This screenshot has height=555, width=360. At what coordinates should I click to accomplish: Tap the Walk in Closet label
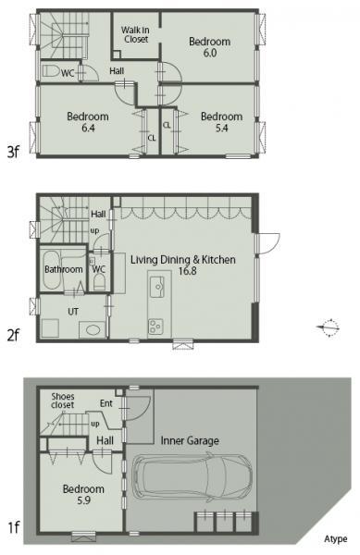[136, 35]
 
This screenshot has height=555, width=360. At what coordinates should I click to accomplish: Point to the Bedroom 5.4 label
[221, 122]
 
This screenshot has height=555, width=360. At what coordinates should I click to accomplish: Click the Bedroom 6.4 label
[88, 122]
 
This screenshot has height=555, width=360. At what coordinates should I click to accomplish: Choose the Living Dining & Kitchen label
[183, 266]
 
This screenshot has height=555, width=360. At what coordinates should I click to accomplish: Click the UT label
[73, 312]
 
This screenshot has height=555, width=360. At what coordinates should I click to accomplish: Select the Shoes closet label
[62, 400]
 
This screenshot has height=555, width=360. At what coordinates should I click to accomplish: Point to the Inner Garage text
[190, 440]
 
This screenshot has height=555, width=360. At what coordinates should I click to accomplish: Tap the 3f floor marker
[13, 152]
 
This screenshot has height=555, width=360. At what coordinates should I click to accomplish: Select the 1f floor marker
[13, 528]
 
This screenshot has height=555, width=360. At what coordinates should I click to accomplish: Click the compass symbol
[329, 325]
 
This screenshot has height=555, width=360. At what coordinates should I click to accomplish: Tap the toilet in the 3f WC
[52, 70]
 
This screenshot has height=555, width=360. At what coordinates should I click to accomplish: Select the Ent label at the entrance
[106, 403]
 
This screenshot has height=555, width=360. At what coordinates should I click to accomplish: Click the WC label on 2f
[99, 269]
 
